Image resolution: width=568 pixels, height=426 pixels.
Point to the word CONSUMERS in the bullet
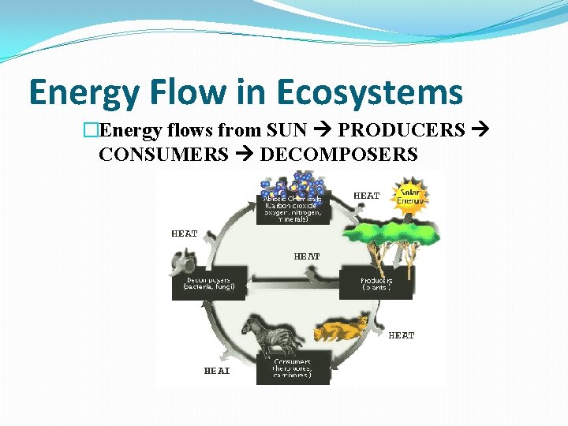(163, 154)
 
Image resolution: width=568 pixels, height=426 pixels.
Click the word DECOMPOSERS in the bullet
(338, 154)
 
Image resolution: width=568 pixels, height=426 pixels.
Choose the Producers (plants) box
(376, 283)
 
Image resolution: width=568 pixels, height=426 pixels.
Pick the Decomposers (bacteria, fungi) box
(209, 283)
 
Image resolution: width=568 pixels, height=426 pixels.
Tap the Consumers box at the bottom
(293, 368)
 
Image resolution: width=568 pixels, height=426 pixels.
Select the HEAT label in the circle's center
(306, 256)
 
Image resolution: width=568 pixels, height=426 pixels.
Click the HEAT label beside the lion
(402, 335)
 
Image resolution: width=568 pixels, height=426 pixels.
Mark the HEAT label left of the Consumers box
(217, 370)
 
